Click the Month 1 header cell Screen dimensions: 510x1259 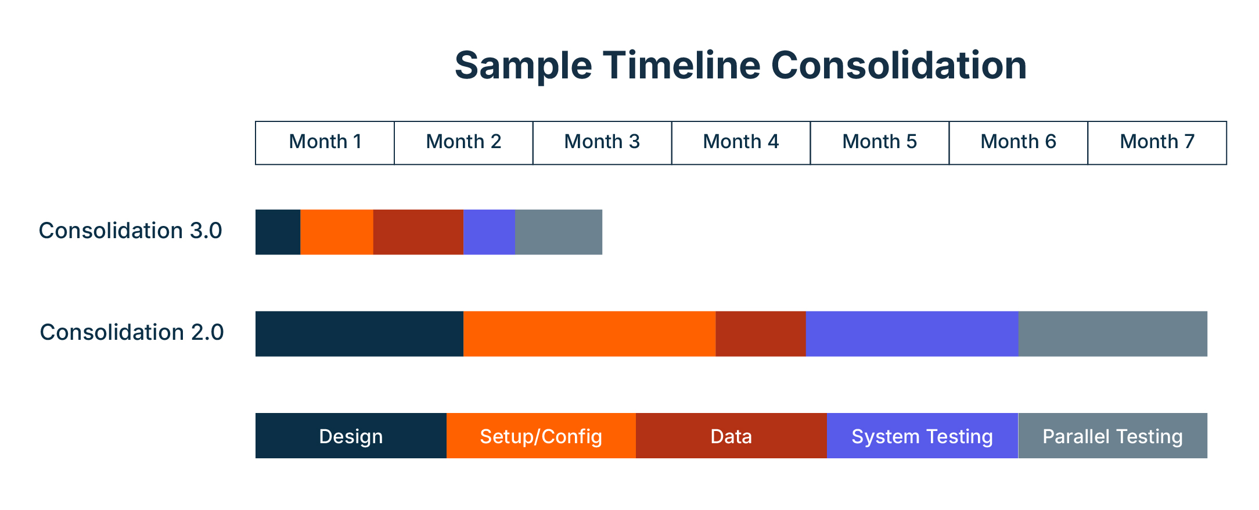tap(325, 142)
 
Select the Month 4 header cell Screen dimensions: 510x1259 tap(740, 142)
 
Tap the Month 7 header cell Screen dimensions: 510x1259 tap(1157, 142)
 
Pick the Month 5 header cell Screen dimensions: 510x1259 tap(879, 142)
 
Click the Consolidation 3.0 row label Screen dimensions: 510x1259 tap(130, 231)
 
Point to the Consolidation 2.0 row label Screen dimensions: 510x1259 tap(131, 332)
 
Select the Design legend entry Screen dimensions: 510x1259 tap(351, 436)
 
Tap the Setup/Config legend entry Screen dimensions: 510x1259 tap(541, 436)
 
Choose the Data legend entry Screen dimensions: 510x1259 tap(731, 436)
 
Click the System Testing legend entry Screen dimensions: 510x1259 tap(922, 436)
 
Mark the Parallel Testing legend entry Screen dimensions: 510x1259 tap(1113, 436)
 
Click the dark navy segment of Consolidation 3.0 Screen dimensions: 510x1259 tap(278, 232)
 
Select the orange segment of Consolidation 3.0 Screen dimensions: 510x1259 tap(336, 232)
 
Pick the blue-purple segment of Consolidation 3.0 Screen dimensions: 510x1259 tap(489, 232)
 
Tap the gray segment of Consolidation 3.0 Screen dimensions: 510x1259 tap(559, 232)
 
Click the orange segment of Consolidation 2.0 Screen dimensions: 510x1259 tap(589, 333)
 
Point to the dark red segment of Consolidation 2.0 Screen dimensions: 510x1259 tap(760, 333)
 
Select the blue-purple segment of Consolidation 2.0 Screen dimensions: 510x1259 tap(912, 333)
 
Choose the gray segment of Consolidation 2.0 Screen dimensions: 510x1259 tap(1113, 333)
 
